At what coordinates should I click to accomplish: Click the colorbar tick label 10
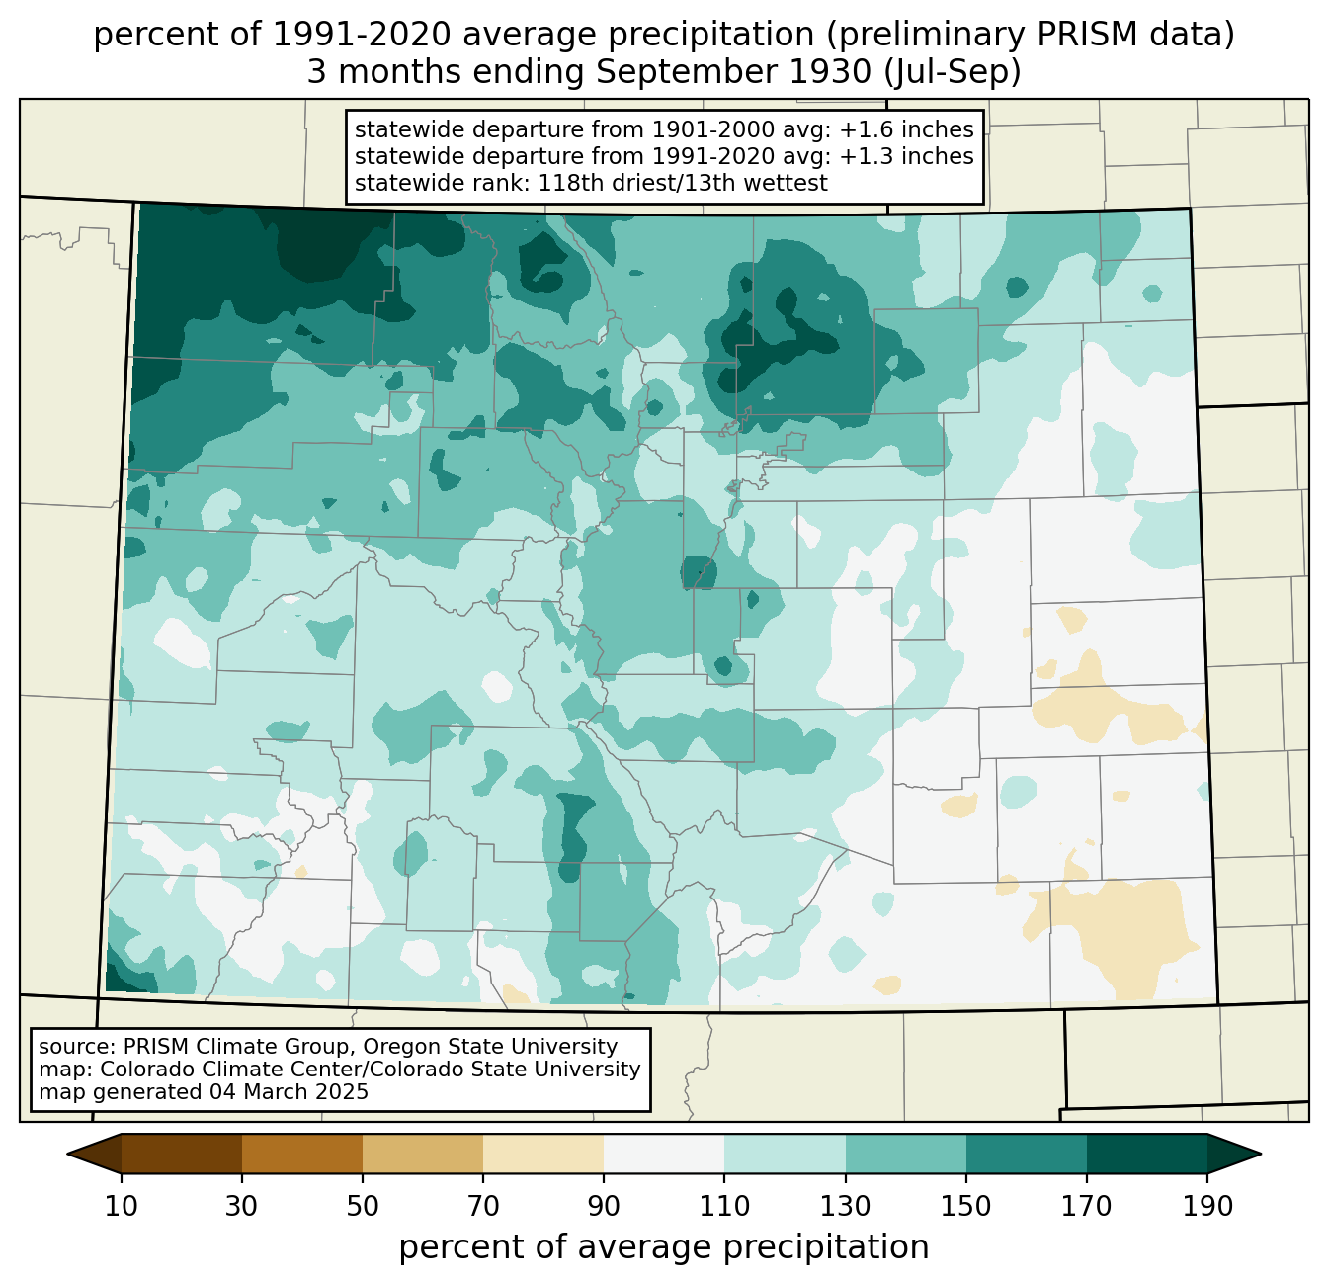(x=121, y=1206)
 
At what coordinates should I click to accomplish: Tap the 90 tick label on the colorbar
(x=604, y=1206)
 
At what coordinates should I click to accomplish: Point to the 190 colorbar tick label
(x=1206, y=1206)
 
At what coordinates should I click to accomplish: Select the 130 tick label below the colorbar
(x=845, y=1206)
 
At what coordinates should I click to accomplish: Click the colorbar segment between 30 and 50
(x=301, y=1154)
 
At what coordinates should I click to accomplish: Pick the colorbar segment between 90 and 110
(x=664, y=1154)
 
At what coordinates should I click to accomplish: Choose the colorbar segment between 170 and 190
(x=1146, y=1154)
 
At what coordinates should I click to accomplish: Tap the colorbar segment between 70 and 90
(x=543, y=1154)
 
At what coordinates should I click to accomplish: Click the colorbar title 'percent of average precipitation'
(x=663, y=1246)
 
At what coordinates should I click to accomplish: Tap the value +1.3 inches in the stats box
(x=906, y=156)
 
